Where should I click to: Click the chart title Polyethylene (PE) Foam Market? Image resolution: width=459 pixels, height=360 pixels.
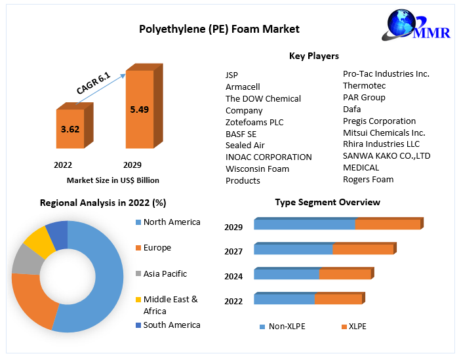(x=219, y=29)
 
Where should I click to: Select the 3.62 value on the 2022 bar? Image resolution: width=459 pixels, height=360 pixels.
(x=70, y=129)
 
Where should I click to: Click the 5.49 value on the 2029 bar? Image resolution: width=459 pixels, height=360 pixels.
(x=140, y=110)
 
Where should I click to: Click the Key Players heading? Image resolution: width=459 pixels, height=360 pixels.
(x=314, y=56)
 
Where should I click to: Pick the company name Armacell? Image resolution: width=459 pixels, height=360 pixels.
(x=243, y=87)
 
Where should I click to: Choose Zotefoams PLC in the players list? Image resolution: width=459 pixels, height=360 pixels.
(x=254, y=122)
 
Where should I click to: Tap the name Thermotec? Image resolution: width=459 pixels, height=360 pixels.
(x=364, y=85)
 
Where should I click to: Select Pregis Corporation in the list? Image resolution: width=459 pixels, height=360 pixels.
(x=379, y=121)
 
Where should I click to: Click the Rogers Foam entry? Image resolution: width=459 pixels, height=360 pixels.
(x=368, y=179)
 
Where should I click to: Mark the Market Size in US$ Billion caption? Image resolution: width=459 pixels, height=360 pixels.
(x=113, y=180)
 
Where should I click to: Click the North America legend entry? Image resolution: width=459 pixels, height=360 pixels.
(x=172, y=222)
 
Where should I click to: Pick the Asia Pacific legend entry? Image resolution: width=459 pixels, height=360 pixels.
(x=165, y=273)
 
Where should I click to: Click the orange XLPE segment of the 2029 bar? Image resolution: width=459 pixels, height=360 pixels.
(x=387, y=224)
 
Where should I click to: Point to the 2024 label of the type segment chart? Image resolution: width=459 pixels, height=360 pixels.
(x=233, y=276)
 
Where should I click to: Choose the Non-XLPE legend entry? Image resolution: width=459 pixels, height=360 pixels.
(x=287, y=326)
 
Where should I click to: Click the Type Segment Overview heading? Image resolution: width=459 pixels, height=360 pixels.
(x=327, y=202)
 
